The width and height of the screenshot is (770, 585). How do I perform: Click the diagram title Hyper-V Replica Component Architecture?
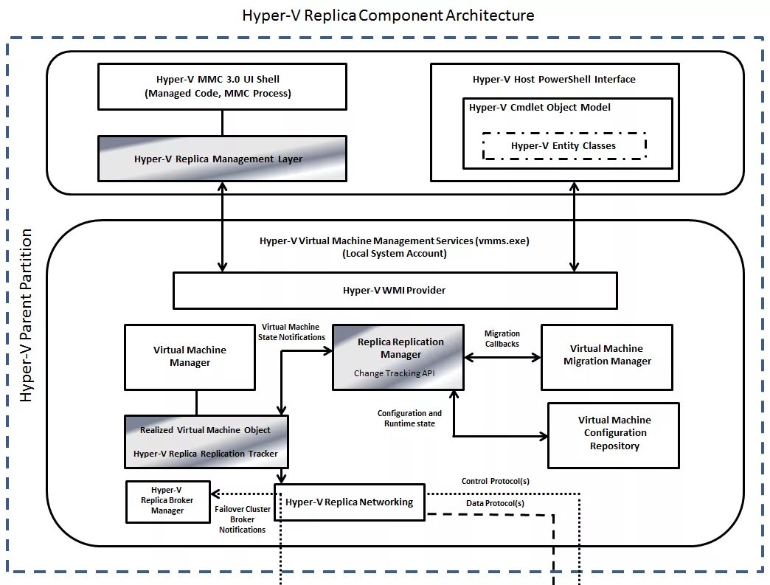pos(388,15)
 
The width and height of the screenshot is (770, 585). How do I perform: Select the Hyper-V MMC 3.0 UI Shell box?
pos(222,86)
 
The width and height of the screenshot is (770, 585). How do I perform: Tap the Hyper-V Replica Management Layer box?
pos(222,159)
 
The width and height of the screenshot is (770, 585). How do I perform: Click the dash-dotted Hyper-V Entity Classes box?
pos(563,145)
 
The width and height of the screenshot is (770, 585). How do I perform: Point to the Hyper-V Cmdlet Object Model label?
pos(540,108)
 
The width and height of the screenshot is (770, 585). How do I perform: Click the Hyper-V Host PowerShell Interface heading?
pos(554,80)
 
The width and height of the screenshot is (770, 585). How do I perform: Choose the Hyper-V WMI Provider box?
pos(395,290)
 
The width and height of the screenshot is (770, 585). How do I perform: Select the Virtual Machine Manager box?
pos(190,356)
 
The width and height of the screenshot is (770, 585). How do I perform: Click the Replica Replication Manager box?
pos(398,356)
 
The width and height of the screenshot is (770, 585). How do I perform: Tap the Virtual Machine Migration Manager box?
pos(607,356)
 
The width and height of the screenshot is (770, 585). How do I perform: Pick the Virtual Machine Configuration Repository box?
pos(614,434)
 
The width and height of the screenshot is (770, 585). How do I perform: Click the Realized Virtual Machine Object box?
pos(206,441)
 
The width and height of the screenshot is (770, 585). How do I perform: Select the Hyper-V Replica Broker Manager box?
pos(167,501)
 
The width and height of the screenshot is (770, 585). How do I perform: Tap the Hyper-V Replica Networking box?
pos(350,502)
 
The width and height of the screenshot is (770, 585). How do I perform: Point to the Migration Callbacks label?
pos(502,339)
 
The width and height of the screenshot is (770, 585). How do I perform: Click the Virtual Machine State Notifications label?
pos(291,332)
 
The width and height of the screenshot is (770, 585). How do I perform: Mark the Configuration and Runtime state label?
pos(409,418)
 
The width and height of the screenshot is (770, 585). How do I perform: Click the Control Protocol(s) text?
pos(495,481)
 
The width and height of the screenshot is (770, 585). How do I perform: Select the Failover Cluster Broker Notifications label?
pos(242,519)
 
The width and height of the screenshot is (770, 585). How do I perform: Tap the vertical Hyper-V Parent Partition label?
pos(27,315)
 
